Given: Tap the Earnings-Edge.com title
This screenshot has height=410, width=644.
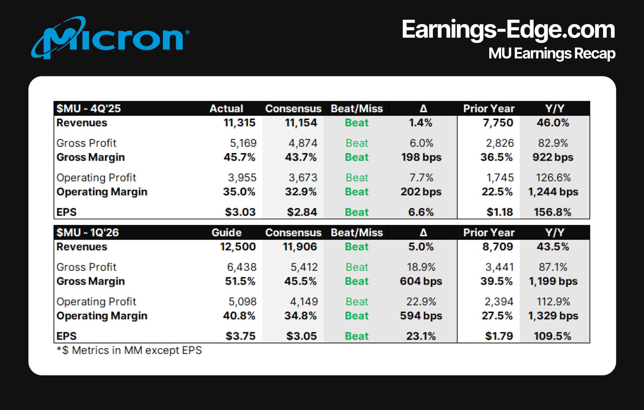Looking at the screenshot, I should pos(508,30).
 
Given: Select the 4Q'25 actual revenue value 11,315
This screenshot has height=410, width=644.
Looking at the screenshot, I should pos(239,123).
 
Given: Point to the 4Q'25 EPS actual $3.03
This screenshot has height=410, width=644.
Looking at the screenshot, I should pos(240,212).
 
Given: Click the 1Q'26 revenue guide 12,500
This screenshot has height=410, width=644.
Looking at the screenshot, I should pos(238,247).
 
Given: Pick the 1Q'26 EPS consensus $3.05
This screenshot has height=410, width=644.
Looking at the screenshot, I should pos(301,336).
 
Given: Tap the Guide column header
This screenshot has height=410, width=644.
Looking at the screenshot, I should pos(226,233).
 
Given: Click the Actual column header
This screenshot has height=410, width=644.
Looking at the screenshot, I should pos(226,109).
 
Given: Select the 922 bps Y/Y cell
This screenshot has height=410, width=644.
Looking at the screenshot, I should pos(553,157).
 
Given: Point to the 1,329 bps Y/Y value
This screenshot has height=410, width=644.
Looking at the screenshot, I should pos(553,316).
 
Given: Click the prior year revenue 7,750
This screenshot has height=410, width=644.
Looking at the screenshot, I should pos(498,123).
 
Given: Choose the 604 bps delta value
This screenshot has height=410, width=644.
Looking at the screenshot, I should pos(421,281).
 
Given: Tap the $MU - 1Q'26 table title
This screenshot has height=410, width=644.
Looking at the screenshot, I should pos(88,233).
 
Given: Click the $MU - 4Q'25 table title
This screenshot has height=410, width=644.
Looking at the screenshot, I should pos(89,109).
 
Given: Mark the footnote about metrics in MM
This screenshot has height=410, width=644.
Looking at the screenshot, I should pos(129,350).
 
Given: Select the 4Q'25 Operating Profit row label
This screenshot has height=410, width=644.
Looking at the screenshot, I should pos(96,178).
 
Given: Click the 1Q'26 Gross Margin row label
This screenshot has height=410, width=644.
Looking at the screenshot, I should pos(91,281).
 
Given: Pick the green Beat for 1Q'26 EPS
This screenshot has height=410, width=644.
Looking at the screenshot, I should pos(357,336).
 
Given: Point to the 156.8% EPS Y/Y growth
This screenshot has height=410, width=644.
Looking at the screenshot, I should pos(552,212).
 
